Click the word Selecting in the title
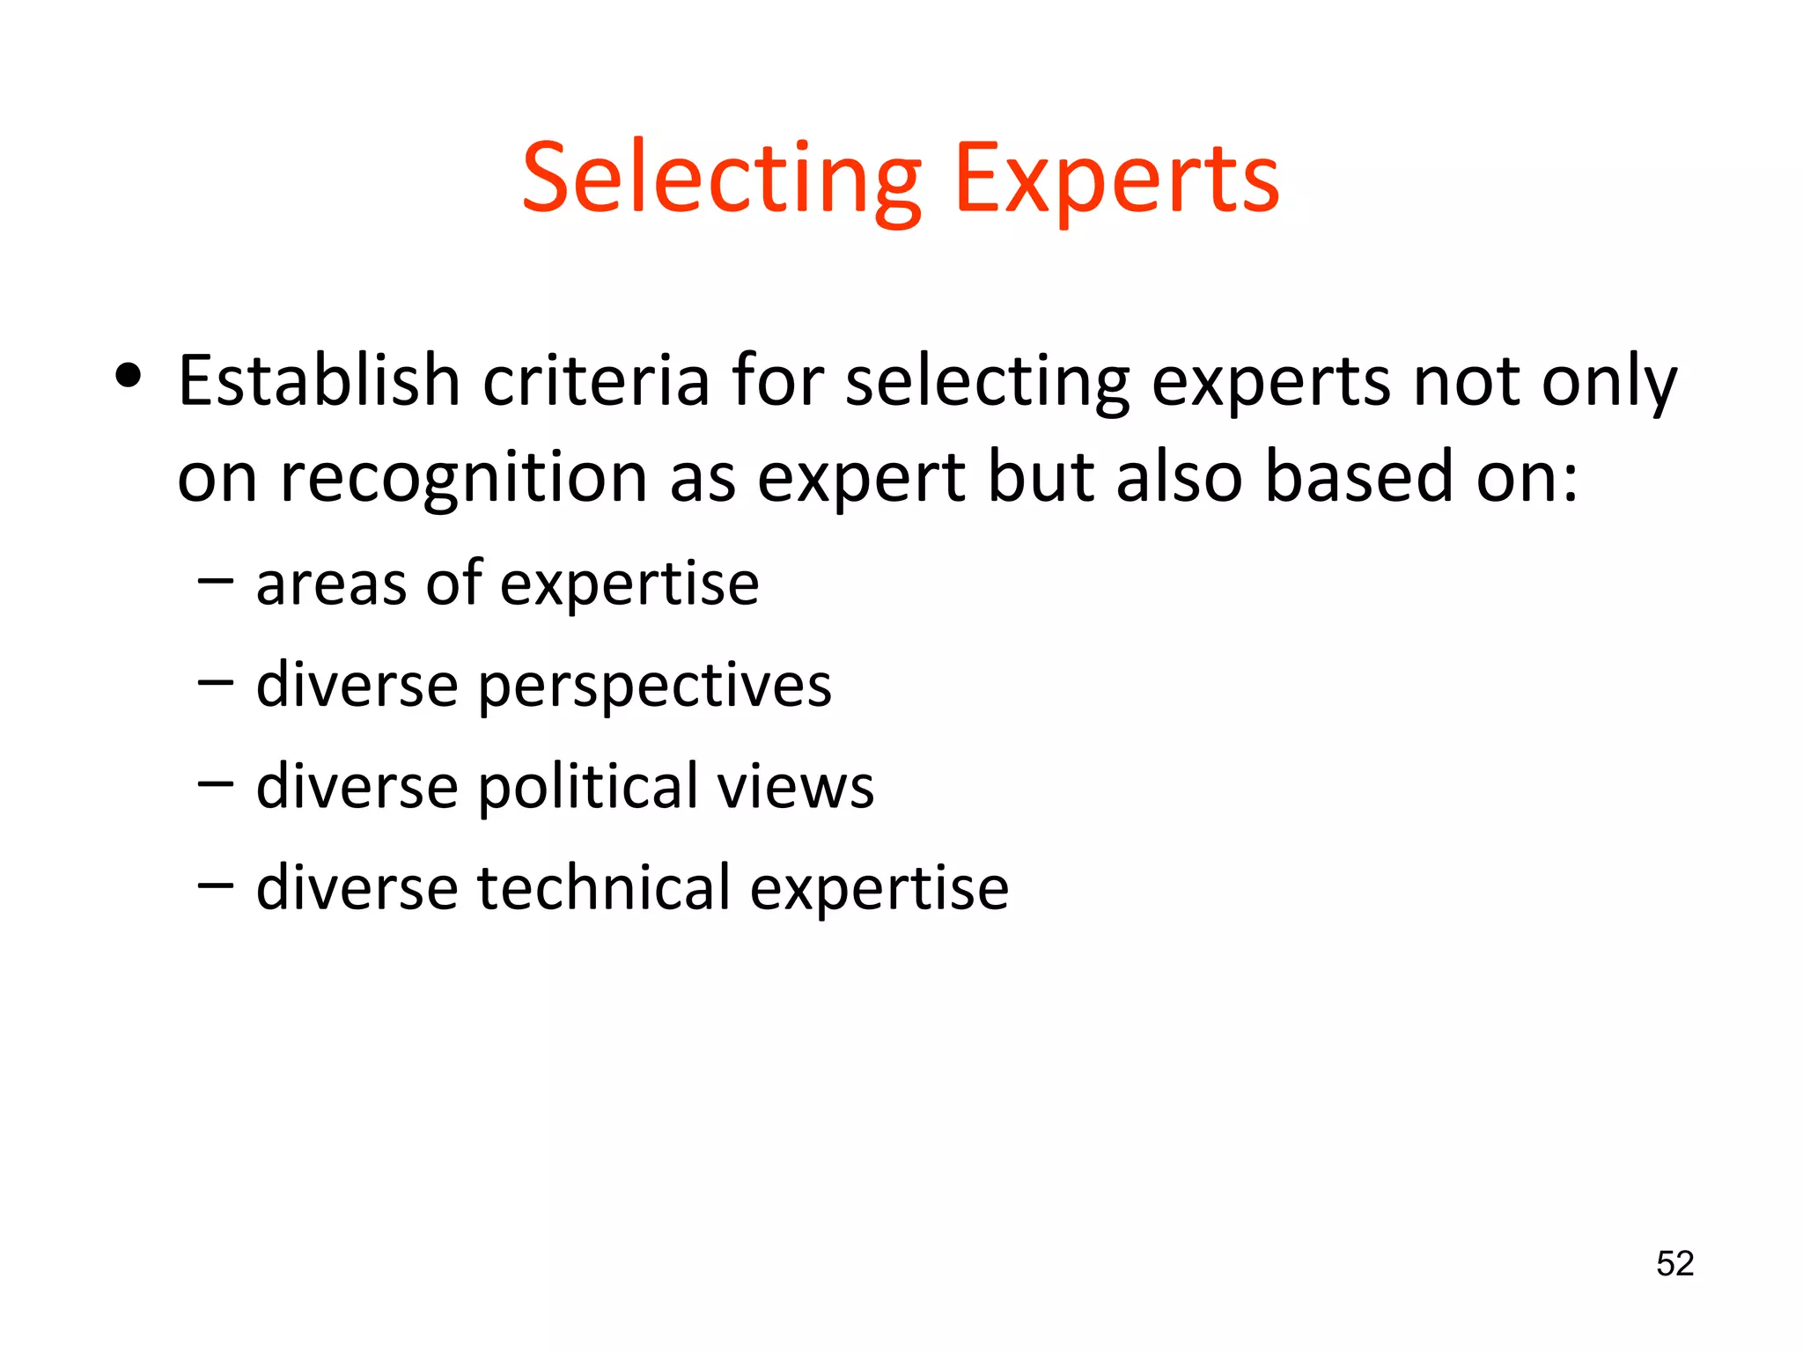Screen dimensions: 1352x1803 click(x=722, y=180)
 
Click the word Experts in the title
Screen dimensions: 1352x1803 click(x=1116, y=180)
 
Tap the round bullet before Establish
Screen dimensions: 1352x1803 click(x=129, y=377)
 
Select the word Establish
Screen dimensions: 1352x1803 click(x=320, y=380)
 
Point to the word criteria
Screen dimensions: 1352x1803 click(x=596, y=380)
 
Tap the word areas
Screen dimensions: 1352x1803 click(x=331, y=584)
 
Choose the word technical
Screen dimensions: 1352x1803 click(x=605, y=887)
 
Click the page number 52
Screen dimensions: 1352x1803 click(x=1674, y=1264)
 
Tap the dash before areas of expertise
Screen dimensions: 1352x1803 click(x=216, y=581)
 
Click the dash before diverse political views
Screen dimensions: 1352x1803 click(x=216, y=783)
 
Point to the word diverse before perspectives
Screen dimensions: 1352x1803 click(x=357, y=685)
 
